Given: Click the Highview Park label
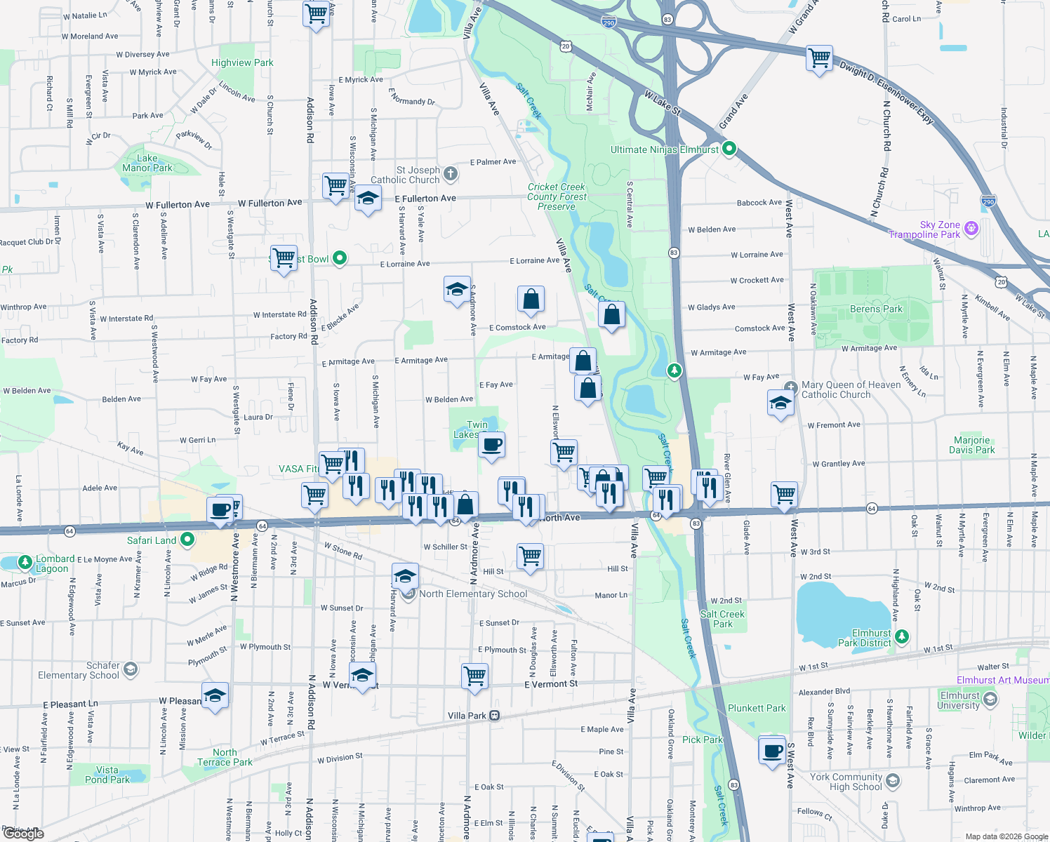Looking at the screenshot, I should coord(242,62).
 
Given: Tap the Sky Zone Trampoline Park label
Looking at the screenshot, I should coord(924,229).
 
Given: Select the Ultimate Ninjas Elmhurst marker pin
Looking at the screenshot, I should coord(729,149).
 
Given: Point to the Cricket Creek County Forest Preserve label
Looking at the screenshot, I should coord(557,196).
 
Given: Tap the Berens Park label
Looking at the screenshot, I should coord(876,309).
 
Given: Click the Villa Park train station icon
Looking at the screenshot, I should coord(495,716).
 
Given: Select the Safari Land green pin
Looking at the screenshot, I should coord(187,540).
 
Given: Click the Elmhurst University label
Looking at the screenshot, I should coord(959,700).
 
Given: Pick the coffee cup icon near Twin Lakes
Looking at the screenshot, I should coord(492,444).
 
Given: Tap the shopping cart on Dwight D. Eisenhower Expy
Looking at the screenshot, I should coord(819,57).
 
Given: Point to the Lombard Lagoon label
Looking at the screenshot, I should coord(53,563).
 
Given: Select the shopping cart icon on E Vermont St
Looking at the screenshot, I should coord(475,676).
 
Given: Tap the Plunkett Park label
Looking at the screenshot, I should coord(757,708).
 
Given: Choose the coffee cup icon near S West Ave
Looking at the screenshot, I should coord(773,751).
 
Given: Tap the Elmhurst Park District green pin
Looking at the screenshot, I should coord(902,637).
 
